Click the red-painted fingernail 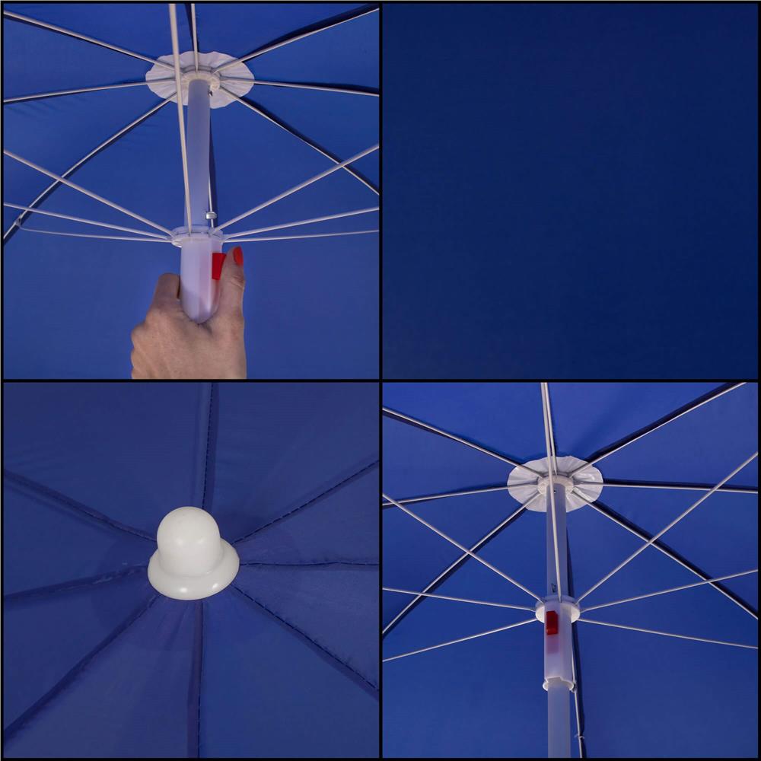point(238,256)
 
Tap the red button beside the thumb point(218,266)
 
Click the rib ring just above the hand point(196,237)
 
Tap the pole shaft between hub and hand point(198,152)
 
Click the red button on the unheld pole point(552,622)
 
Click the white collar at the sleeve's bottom point(558,684)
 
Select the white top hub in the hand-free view point(556,482)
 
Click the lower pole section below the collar point(559,723)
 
